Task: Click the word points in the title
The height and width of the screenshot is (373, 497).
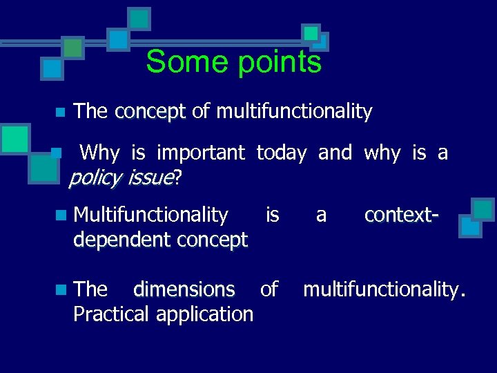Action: click(279, 62)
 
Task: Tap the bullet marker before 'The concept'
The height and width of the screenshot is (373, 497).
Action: click(60, 112)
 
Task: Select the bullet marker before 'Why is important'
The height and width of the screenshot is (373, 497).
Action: click(60, 153)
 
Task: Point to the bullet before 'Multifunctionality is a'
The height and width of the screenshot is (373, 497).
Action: click(63, 216)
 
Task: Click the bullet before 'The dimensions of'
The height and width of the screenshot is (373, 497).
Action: click(63, 289)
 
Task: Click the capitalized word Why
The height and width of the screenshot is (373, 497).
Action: click(99, 152)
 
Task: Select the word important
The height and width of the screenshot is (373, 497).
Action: click(201, 152)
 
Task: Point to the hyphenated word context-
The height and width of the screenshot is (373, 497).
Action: click(401, 215)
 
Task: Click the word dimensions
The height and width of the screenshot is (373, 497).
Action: click(184, 289)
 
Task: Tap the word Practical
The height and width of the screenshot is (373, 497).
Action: click(111, 314)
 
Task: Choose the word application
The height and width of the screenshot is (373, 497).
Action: click(205, 314)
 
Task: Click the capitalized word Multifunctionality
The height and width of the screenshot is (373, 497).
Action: click(150, 215)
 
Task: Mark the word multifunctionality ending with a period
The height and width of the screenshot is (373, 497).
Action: click(384, 289)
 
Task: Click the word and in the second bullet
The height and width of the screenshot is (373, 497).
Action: click(335, 152)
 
